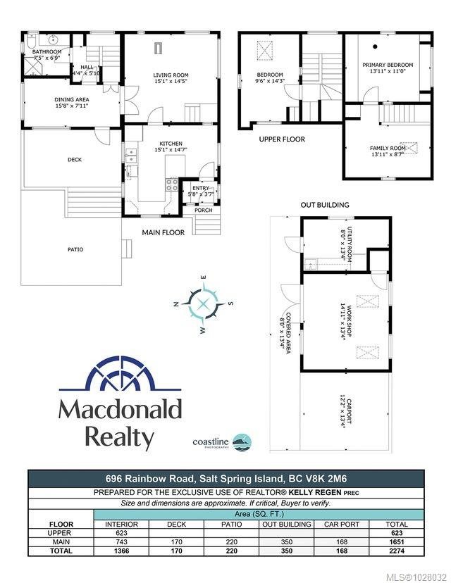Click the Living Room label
click(x=171, y=77)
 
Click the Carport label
click(x=345, y=410)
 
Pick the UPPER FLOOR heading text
click(x=282, y=139)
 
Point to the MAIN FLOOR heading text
click(x=163, y=232)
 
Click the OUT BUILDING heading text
click(x=325, y=205)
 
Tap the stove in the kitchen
click(x=171, y=185)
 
